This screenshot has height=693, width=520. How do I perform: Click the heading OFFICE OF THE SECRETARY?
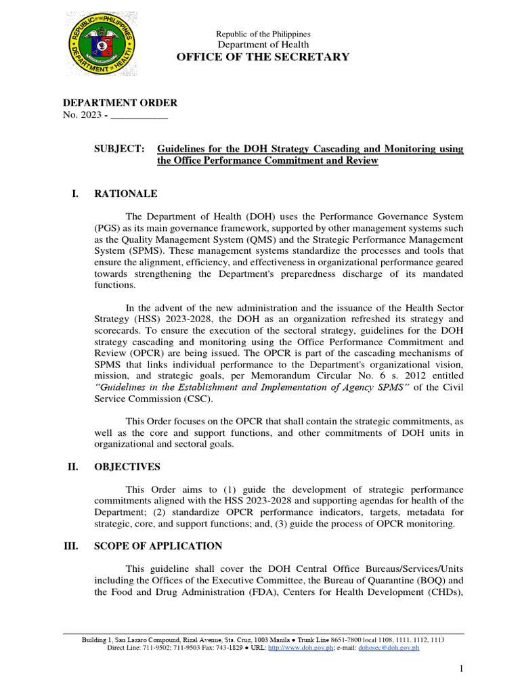click(263, 57)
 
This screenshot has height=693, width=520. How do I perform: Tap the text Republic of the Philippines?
click(263, 35)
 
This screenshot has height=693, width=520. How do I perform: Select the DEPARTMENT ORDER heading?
click(120, 103)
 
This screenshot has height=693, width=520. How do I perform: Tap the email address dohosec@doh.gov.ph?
click(389, 648)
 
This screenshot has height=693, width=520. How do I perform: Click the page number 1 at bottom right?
click(460, 669)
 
